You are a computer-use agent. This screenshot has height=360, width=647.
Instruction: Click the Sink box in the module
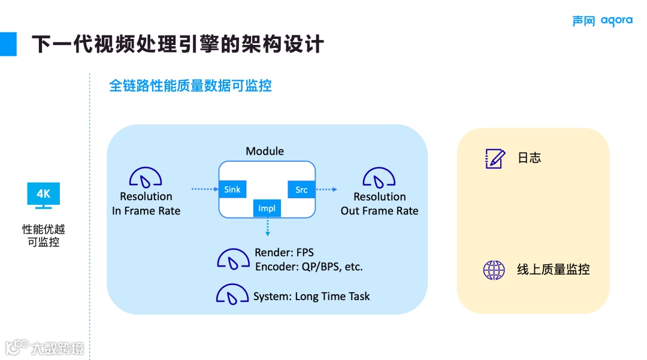(232, 189)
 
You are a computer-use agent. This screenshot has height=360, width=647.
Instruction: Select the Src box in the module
(301, 189)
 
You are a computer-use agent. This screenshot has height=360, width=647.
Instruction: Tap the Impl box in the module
(267, 208)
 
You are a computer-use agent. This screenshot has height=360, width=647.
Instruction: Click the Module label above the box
(265, 151)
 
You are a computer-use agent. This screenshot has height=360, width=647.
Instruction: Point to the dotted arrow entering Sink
(204, 189)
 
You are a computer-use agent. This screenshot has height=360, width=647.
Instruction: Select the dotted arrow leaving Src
(326, 189)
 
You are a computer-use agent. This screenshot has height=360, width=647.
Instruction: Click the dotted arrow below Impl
(267, 226)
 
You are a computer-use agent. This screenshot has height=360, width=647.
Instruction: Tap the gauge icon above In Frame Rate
(146, 177)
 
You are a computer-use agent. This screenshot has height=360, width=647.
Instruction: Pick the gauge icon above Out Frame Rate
(379, 177)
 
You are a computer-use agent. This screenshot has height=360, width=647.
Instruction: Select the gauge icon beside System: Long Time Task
(232, 294)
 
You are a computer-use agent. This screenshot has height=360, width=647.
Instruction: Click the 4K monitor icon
(44, 195)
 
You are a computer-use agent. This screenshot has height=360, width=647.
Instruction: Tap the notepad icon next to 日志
(494, 158)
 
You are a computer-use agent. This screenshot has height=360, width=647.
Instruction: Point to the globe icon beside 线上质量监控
(494, 270)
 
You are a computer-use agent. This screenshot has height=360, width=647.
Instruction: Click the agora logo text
(616, 21)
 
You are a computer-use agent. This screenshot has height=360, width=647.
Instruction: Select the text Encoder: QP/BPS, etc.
(309, 267)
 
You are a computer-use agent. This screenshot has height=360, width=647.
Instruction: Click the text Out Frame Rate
(379, 211)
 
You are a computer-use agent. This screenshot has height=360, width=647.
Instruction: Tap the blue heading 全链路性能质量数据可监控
(191, 86)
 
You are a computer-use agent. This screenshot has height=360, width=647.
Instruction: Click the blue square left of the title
(8, 44)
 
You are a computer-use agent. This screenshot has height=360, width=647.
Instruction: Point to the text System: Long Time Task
(312, 297)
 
